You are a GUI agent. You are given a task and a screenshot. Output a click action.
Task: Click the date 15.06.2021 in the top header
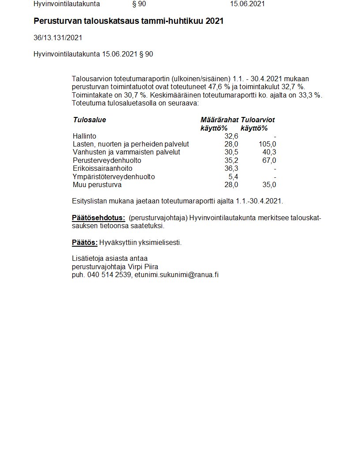click(247, 4)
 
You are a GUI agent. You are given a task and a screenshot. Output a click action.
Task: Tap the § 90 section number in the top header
click(139, 4)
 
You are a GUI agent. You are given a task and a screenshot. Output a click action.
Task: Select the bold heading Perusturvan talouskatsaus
click(128, 21)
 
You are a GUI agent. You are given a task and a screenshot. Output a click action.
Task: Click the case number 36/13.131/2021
click(58, 38)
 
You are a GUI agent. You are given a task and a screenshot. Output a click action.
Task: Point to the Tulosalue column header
click(90, 120)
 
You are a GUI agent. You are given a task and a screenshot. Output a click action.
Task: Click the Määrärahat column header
click(219, 120)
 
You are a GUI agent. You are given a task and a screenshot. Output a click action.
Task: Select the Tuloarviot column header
click(258, 120)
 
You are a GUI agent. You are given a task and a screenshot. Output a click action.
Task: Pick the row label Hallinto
click(84, 136)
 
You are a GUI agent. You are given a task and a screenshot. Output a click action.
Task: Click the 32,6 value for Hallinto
click(231, 136)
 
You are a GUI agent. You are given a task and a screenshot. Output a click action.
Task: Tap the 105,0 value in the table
click(268, 144)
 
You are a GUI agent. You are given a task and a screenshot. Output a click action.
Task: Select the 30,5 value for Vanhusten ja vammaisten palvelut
click(231, 152)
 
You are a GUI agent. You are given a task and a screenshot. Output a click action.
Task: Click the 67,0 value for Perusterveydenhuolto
click(269, 161)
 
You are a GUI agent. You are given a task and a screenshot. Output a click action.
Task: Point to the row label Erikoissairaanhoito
click(102, 169)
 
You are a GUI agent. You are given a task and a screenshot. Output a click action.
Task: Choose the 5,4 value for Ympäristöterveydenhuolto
click(233, 177)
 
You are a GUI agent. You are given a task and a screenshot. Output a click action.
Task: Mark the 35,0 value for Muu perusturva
click(269, 185)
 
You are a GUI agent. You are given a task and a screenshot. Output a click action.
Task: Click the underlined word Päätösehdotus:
click(98, 218)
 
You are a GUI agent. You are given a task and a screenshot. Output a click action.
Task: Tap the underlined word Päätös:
click(85, 243)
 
